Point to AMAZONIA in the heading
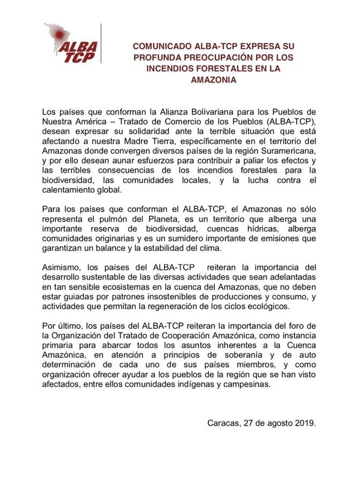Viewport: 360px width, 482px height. (x=213, y=80)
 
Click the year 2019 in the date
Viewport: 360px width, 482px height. (x=304, y=423)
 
